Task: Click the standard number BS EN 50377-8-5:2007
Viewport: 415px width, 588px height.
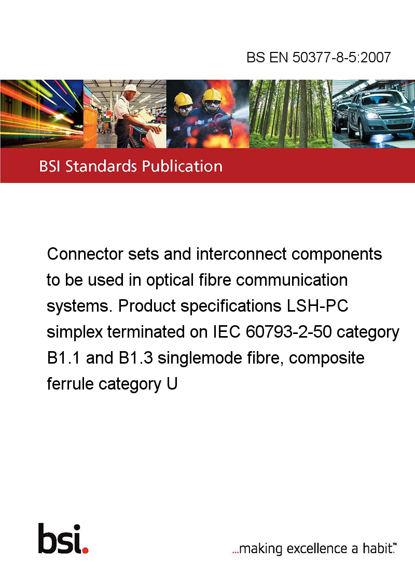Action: pos(319,57)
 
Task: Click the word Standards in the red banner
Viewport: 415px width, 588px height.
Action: pos(101,166)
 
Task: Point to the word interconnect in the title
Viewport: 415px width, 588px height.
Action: pos(241,254)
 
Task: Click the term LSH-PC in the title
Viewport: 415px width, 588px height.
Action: pos(317,305)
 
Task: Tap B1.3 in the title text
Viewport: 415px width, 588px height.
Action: pos(136,357)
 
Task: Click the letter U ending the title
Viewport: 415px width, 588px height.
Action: pos(172,384)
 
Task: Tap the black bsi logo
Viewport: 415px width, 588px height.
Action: pos(60,539)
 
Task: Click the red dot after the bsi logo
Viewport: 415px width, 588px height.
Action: pos(85,550)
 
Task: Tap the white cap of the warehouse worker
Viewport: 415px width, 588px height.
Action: pos(131,88)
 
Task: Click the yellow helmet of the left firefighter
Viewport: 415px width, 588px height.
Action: pos(183,99)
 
